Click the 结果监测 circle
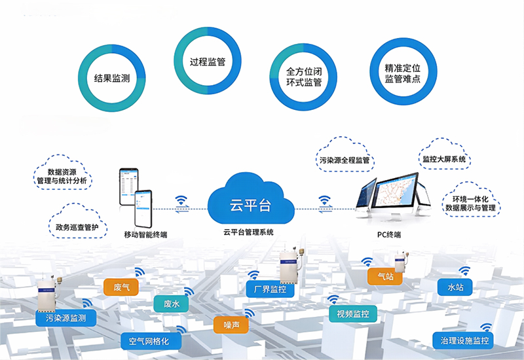pos(112,78)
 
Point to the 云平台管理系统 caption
pos(249,232)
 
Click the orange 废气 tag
pos(121,287)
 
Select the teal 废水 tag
pos(172,304)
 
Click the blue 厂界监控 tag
pos(266,289)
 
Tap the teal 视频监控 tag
pos(353,315)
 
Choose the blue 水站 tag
pos(456,287)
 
